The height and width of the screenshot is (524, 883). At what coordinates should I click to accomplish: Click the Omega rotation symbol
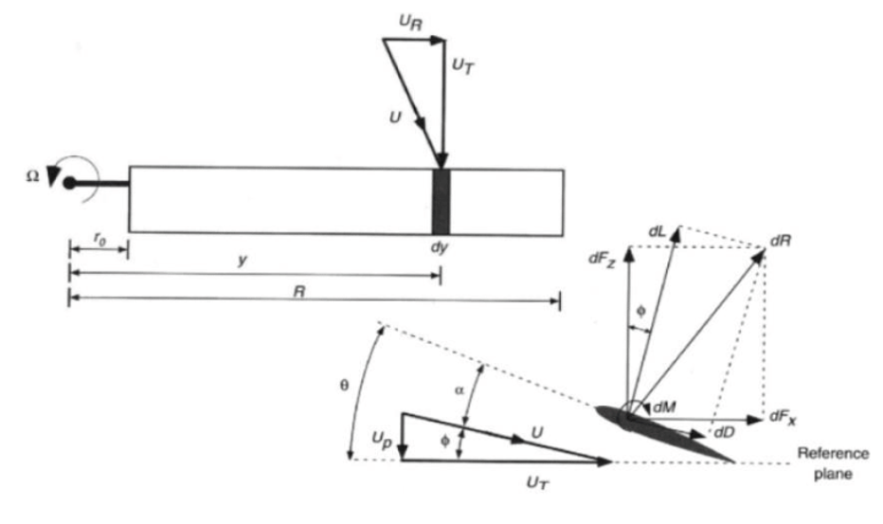click(32, 176)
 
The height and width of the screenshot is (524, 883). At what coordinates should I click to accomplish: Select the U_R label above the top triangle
click(410, 23)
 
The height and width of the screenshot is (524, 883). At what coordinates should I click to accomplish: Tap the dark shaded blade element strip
click(441, 201)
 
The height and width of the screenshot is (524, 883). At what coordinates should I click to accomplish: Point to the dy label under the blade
click(440, 246)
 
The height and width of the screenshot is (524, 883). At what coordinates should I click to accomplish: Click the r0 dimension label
click(99, 240)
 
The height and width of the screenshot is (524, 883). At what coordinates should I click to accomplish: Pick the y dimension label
click(243, 261)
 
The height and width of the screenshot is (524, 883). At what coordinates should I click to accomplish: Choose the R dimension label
click(299, 291)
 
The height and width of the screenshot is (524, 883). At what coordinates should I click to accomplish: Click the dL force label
click(658, 231)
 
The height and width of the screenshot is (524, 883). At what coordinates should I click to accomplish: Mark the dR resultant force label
click(781, 241)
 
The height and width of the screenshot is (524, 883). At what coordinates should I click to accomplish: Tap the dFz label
click(602, 259)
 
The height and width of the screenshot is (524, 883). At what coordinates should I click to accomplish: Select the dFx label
click(784, 417)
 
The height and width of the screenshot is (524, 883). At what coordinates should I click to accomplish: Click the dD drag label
click(725, 432)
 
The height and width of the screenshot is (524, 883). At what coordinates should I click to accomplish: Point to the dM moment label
click(665, 407)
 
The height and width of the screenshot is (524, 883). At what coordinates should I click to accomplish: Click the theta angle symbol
click(344, 386)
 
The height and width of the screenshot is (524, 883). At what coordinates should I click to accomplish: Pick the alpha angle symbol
click(460, 389)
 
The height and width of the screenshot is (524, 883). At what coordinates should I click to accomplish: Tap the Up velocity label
click(381, 440)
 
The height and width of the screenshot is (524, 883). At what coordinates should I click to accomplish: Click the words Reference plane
click(833, 463)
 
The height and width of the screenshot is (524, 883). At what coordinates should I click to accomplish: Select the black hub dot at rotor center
click(69, 183)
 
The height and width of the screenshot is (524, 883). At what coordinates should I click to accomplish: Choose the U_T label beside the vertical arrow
click(463, 66)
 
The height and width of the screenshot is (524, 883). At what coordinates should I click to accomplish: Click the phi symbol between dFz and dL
click(640, 311)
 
